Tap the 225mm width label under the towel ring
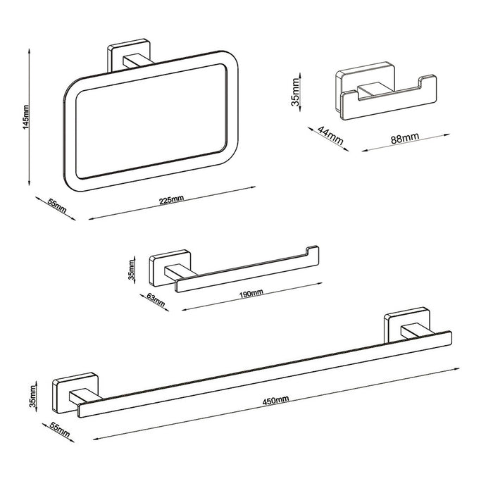tap(171, 200)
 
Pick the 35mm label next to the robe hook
tap(296, 92)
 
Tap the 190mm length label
tap(252, 292)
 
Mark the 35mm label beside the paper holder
tap(132, 273)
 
